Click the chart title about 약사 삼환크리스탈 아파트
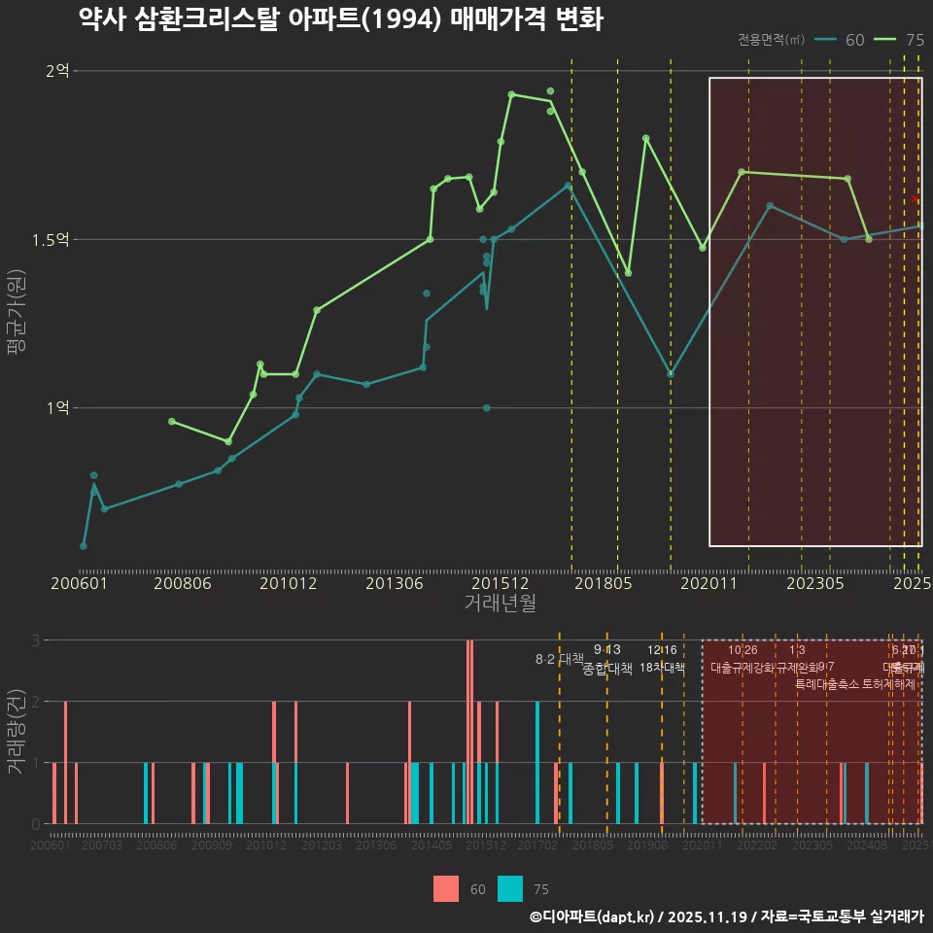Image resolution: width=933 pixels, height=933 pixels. point(341,19)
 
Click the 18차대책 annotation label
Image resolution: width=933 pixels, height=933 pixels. point(663,668)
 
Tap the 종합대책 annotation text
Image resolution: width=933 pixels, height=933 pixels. point(607,669)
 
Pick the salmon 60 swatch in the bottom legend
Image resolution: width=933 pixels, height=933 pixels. point(446,888)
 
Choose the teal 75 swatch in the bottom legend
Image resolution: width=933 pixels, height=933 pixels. point(509,888)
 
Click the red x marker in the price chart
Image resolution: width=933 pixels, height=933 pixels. point(915,199)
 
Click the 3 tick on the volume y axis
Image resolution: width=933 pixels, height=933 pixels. point(35,640)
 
